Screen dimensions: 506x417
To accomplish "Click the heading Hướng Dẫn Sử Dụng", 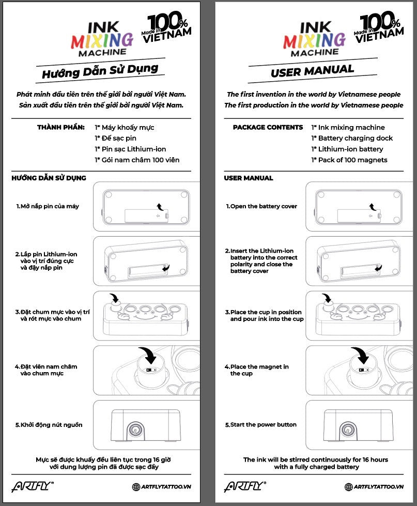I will click(100, 71).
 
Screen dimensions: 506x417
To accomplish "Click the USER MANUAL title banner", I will click(312, 71).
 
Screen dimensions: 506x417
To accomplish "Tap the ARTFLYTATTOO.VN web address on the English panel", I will click(378, 487).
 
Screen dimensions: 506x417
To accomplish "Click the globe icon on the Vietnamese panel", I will click(136, 487).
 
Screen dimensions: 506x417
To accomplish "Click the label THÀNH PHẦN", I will click(61, 127).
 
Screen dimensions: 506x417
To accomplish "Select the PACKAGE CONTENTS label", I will click(268, 127).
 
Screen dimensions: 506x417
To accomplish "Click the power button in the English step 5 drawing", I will click(348, 428).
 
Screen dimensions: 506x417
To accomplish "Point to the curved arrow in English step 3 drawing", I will click(327, 299).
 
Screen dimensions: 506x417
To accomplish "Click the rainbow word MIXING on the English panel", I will click(314, 39).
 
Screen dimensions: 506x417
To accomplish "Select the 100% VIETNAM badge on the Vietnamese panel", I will click(169, 26).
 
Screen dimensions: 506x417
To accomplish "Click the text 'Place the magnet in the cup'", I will click(259, 370).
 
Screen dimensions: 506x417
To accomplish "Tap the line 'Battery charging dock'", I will click(355, 139).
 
